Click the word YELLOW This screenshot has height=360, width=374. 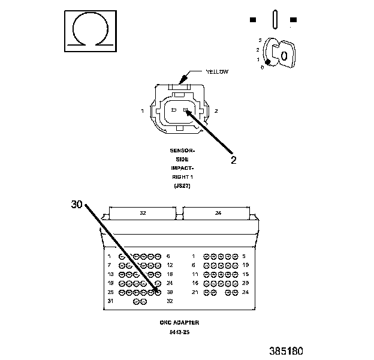tap(218, 71)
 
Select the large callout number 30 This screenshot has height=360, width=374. tap(76, 204)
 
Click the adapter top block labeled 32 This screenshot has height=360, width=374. tap(142, 213)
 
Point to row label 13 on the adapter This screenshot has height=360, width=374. tap(110, 274)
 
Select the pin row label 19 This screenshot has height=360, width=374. tap(110, 283)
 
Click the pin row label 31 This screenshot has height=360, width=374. tap(110, 301)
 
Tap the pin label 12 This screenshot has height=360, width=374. tap(170, 265)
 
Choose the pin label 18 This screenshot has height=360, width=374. tap(170, 274)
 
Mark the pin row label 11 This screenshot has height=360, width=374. tap(194, 274)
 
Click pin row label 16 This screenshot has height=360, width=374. tap(194, 283)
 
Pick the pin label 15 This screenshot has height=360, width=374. tap(245, 274)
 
